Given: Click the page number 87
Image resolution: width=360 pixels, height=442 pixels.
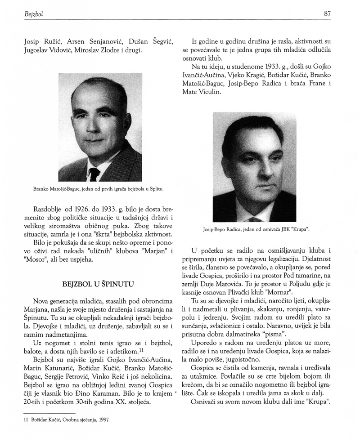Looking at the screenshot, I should (x=327, y=14).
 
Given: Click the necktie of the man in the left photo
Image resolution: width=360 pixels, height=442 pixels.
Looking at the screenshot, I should (x=94, y=174).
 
